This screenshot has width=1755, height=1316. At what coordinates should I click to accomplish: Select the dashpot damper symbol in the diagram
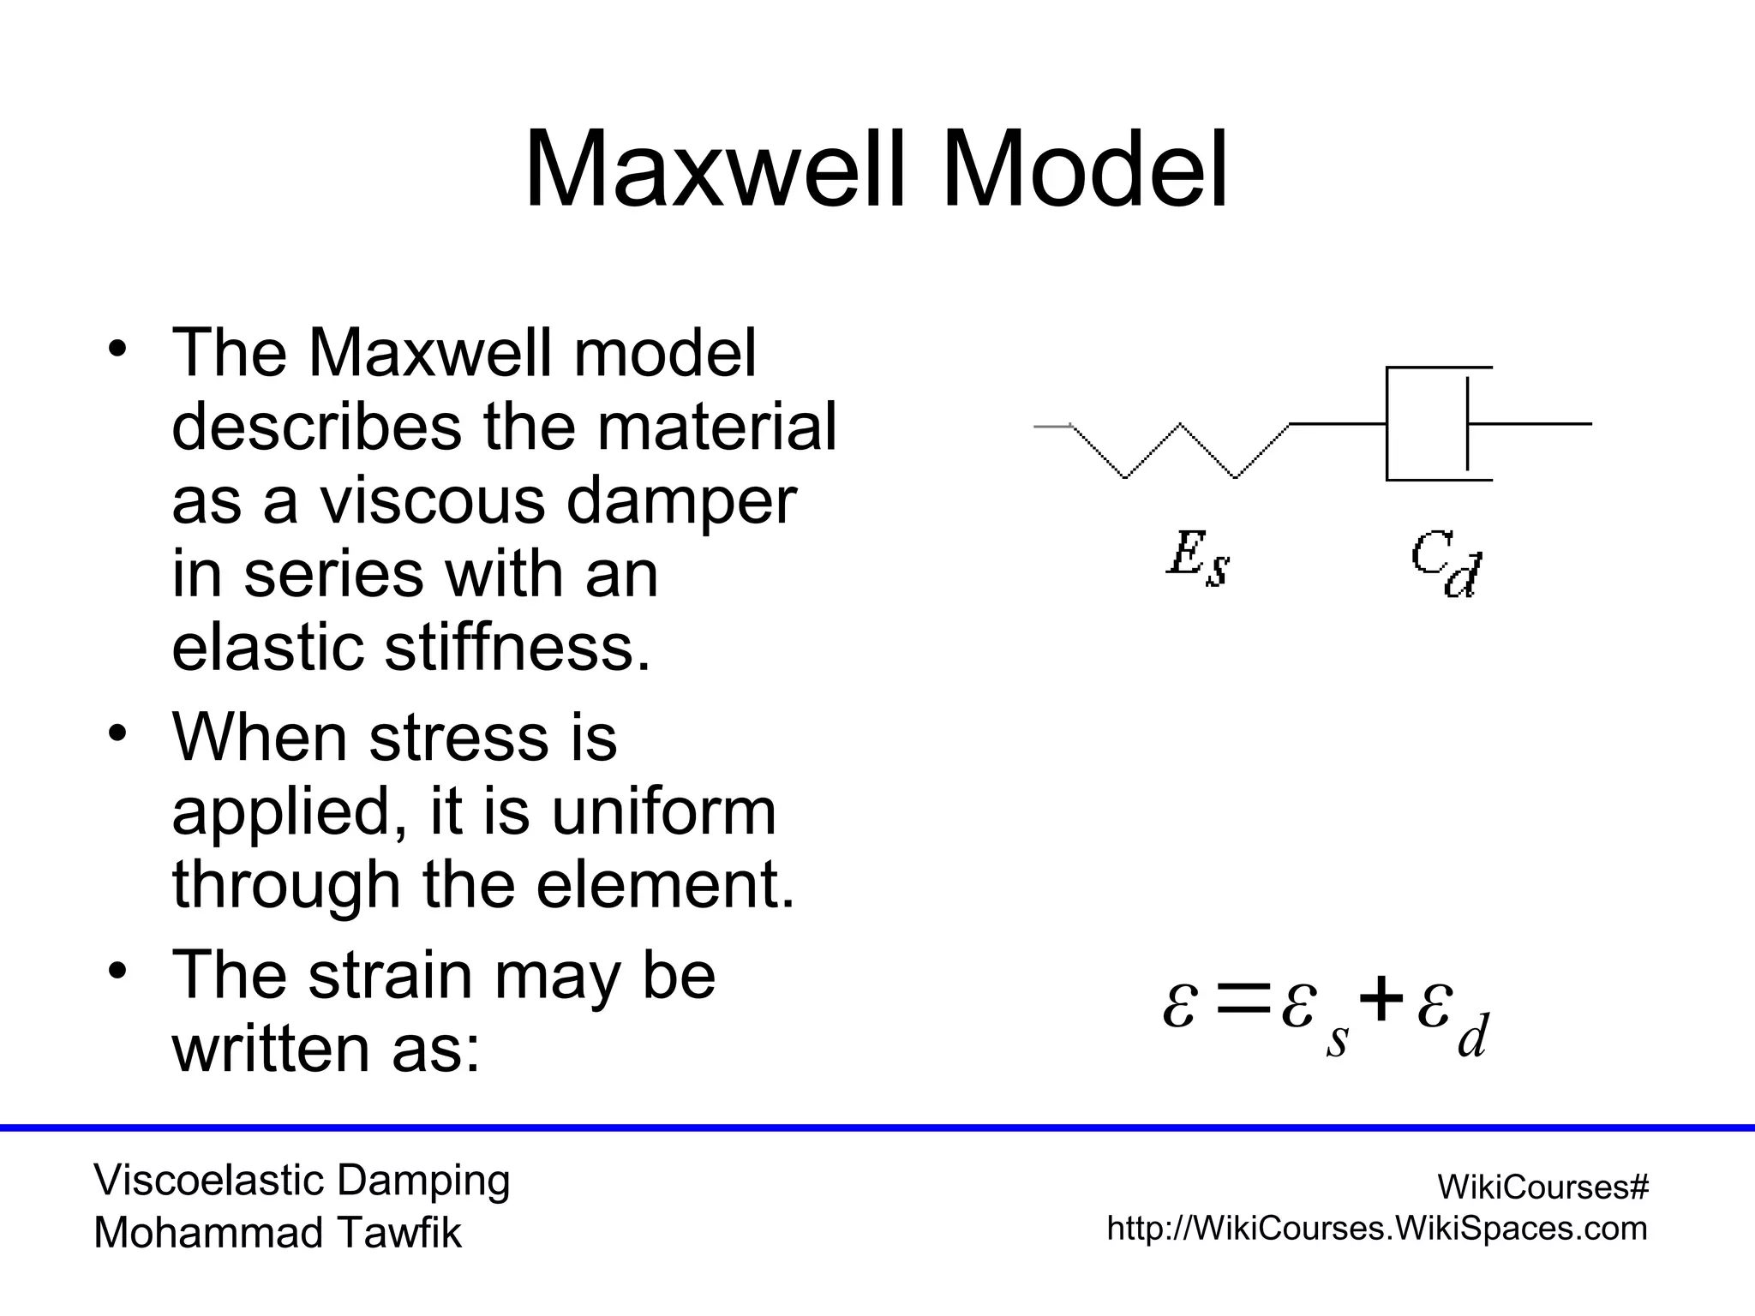point(1440,424)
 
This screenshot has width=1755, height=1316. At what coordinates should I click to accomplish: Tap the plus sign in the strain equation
point(1381,1002)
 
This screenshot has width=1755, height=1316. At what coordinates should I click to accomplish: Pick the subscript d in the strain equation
point(1472,1038)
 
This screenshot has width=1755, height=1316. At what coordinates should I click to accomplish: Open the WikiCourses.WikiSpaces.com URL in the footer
point(1376,1229)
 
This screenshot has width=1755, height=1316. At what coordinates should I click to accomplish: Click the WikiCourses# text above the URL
point(1542,1187)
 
